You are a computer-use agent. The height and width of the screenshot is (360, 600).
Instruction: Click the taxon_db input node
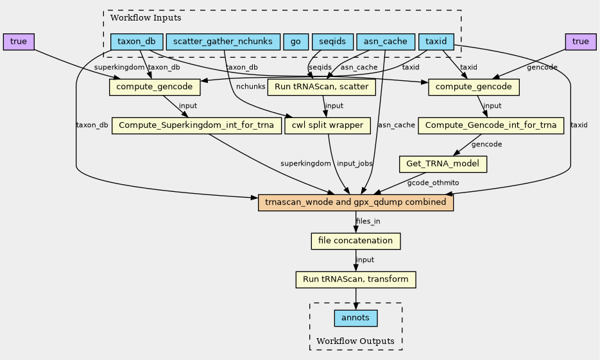point(136,42)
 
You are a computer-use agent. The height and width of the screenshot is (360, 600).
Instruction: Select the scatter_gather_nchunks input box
point(223,42)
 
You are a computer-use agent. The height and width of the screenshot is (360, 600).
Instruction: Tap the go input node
point(295,42)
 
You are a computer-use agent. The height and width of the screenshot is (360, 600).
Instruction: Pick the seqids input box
point(332,42)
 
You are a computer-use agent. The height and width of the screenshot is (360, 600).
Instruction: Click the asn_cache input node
point(385,42)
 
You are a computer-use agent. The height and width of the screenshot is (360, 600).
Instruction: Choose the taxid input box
point(436,42)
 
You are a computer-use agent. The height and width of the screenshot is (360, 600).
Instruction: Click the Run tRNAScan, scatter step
point(321,87)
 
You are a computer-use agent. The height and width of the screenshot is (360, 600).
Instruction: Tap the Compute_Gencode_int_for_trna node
point(491,125)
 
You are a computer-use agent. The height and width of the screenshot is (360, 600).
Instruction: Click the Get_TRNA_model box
point(443,164)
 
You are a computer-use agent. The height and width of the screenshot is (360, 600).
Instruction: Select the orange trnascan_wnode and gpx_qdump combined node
point(356,202)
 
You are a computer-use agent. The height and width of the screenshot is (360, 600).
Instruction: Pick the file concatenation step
point(356,241)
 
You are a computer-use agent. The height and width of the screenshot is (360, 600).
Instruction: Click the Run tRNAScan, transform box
point(356,279)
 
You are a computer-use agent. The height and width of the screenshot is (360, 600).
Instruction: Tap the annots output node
point(356,318)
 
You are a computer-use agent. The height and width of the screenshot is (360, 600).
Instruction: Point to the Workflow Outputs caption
point(355,341)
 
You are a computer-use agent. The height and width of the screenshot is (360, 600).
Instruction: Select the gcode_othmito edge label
point(433,183)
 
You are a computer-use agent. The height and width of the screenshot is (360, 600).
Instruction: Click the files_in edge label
point(368,221)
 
